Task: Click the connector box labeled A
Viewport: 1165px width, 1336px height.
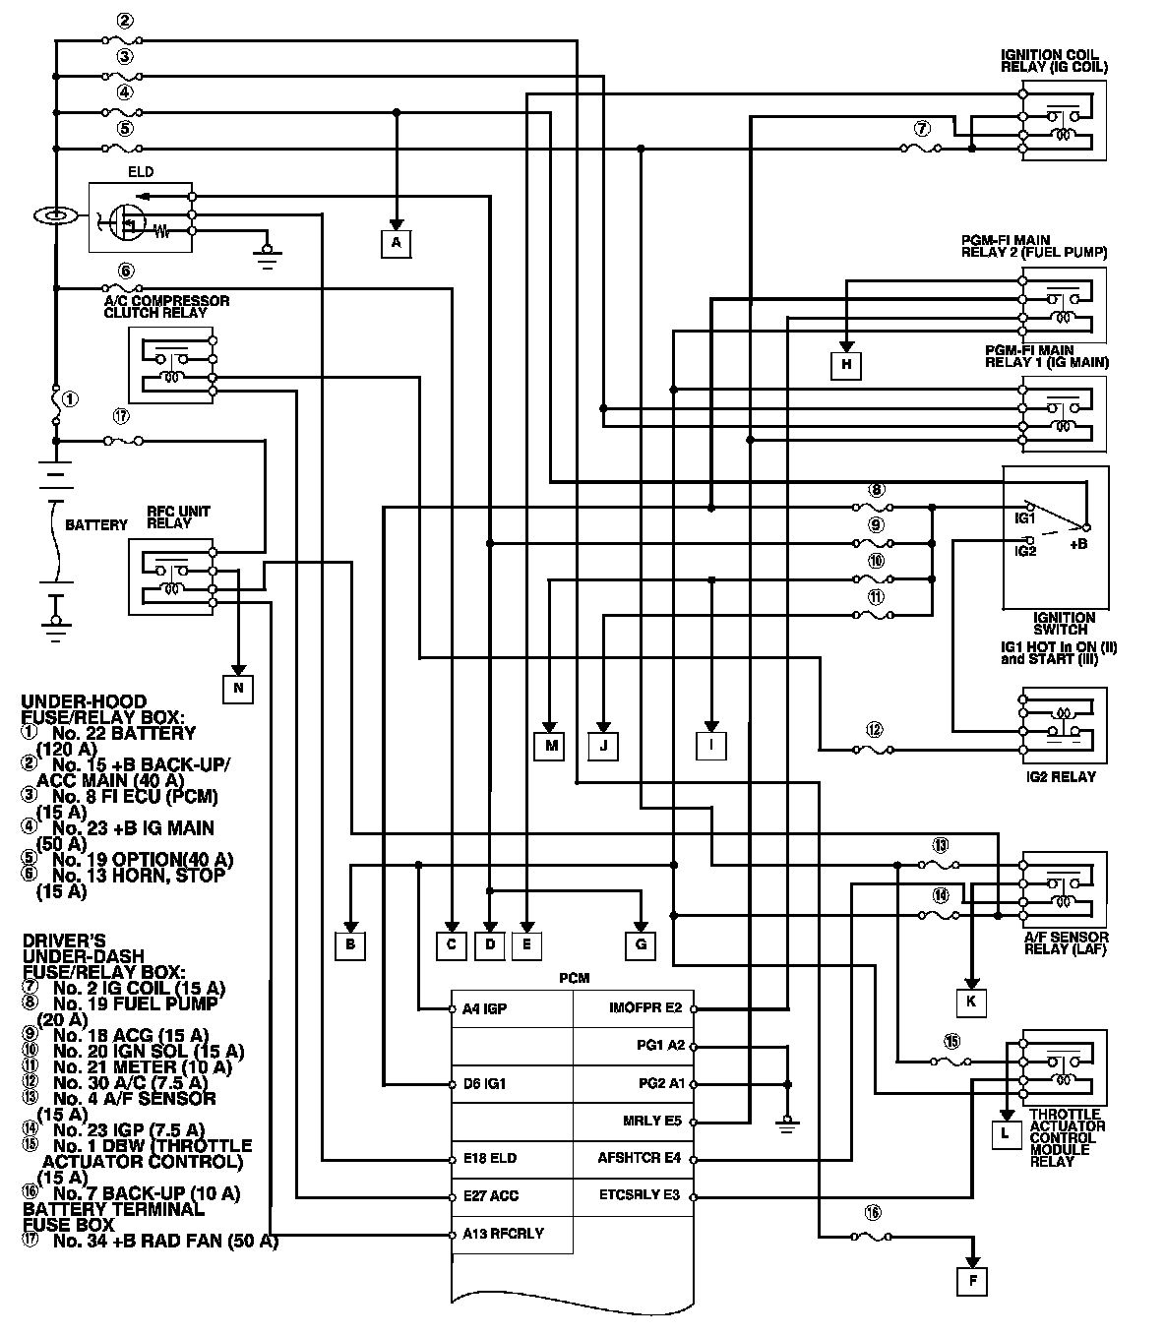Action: tap(397, 242)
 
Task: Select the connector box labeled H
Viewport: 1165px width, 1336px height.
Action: tap(845, 366)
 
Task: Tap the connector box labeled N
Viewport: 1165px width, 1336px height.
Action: tap(238, 689)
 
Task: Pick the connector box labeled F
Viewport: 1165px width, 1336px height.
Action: tap(973, 1281)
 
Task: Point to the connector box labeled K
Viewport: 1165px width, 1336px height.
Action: tap(970, 1002)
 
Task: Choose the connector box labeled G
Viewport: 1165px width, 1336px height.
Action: tap(641, 945)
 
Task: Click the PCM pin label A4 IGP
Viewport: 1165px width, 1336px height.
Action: tap(484, 1008)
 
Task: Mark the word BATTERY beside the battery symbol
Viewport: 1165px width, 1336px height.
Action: tap(95, 525)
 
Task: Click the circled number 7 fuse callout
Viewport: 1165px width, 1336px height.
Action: tap(921, 129)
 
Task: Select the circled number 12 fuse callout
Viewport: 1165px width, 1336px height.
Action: tap(875, 730)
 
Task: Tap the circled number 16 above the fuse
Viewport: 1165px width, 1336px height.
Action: tap(872, 1211)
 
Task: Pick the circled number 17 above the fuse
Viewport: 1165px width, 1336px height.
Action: tap(121, 417)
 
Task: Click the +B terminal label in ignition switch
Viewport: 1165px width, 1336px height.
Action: tap(1078, 544)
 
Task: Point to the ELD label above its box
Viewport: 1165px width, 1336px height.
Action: tap(141, 172)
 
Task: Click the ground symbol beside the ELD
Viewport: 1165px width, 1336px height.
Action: tap(265, 256)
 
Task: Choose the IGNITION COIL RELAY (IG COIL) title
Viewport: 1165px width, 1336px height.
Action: tap(1054, 61)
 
